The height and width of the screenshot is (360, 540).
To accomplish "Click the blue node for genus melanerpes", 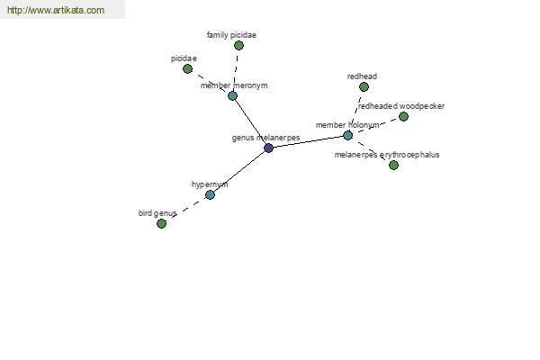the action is (268, 148).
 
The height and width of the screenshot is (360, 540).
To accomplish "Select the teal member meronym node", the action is (233, 95).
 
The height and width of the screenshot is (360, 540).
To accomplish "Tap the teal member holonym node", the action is (348, 135).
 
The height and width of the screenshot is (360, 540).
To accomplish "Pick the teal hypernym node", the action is (210, 194).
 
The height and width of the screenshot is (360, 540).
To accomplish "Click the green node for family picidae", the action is (239, 45).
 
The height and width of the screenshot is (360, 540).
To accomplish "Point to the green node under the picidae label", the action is (188, 69).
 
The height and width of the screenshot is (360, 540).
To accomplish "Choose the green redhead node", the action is (364, 86).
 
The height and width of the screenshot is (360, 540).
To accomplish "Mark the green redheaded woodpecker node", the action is (403, 116).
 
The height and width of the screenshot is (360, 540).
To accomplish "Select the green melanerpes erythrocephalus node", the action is (393, 166).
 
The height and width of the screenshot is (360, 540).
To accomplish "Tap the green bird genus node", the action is (161, 224).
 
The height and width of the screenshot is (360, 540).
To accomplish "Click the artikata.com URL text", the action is (56, 10).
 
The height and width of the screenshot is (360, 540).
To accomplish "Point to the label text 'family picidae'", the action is (231, 35).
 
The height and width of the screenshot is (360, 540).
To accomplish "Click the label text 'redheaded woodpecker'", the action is (401, 106).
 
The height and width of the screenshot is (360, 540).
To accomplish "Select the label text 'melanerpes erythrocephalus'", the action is (387, 155).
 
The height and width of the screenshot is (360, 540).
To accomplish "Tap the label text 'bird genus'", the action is (157, 213).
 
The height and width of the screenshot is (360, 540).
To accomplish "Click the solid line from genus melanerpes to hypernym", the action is (239, 172).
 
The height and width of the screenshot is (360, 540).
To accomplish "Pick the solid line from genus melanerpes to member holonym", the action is (308, 142).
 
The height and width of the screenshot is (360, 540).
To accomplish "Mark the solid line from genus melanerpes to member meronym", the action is (251, 122).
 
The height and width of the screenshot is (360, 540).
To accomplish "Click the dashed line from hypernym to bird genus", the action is (186, 209).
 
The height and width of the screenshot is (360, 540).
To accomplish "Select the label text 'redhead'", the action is (362, 76).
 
